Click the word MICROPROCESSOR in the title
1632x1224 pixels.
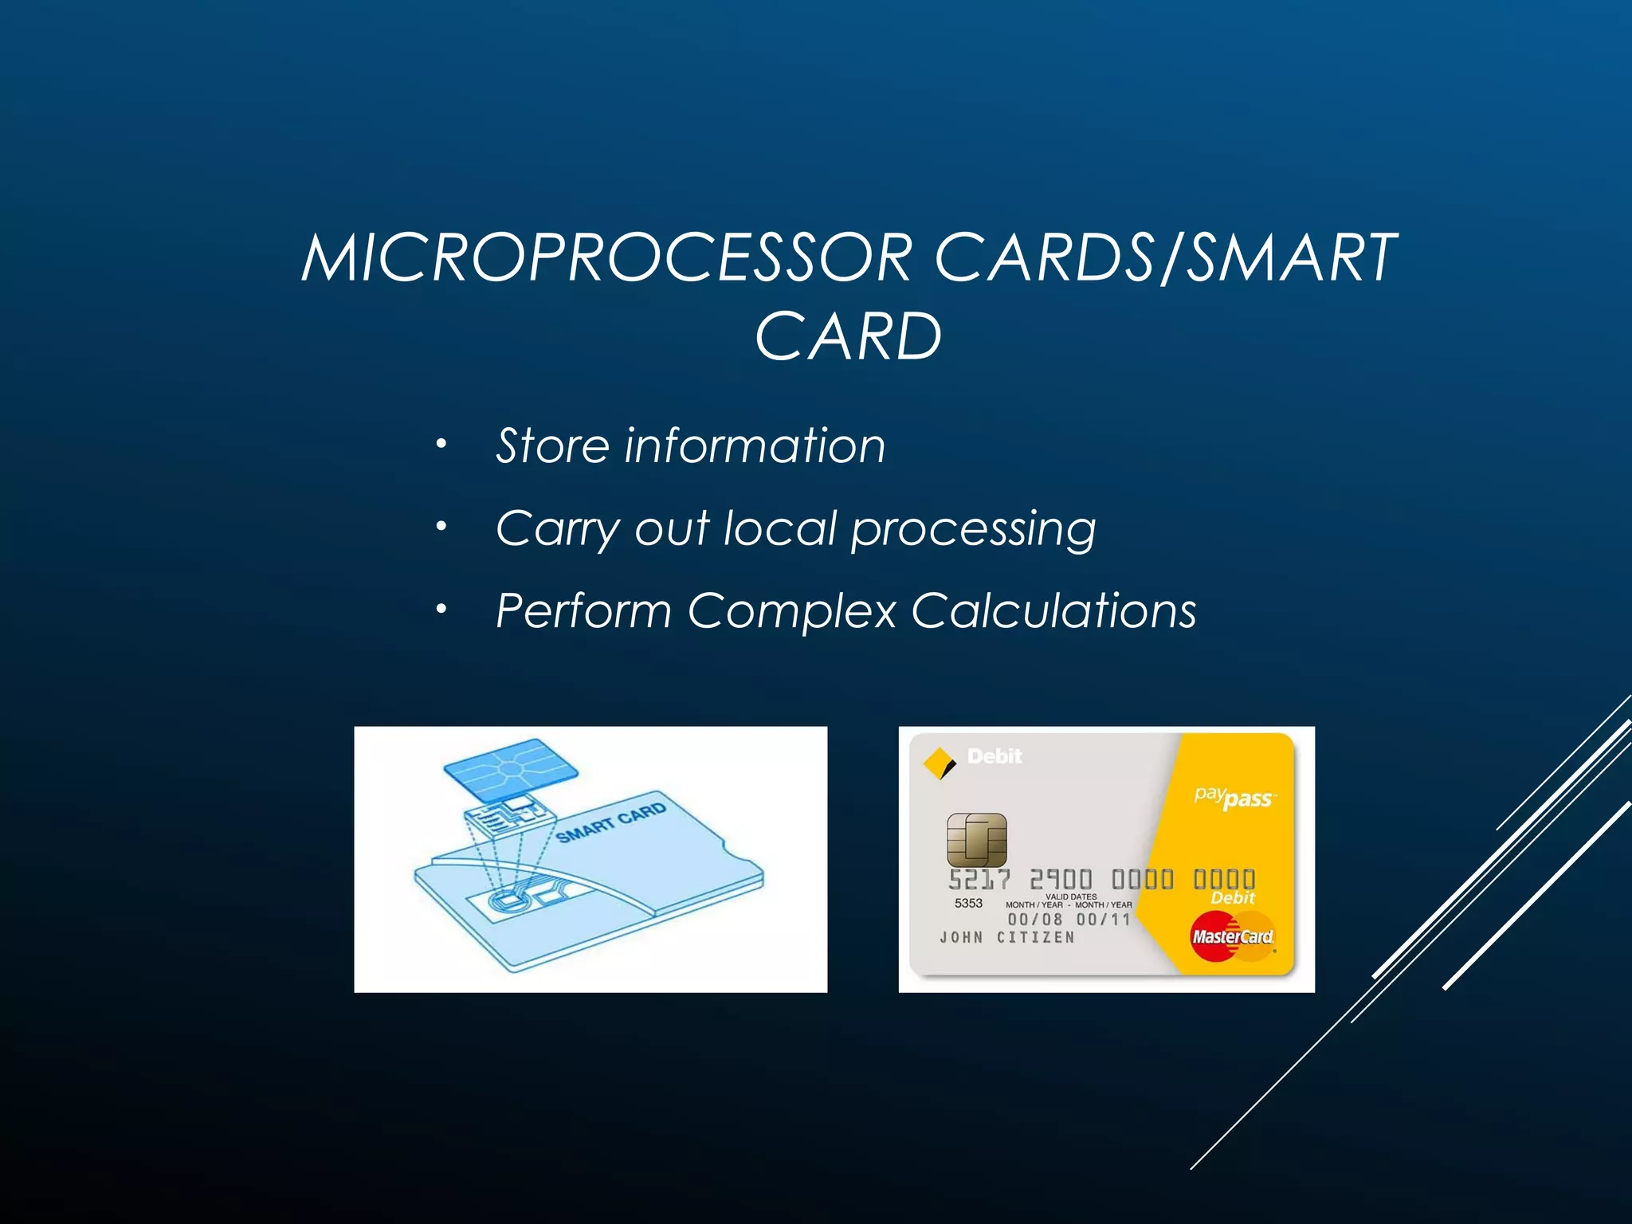(606, 258)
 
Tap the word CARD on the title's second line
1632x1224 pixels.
(848, 337)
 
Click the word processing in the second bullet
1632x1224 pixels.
(973, 529)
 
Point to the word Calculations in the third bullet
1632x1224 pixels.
(1053, 611)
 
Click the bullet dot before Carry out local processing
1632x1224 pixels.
(441, 526)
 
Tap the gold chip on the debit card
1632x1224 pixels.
(976, 840)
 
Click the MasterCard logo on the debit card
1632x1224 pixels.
(1232, 936)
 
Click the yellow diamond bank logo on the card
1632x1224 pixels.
(939, 763)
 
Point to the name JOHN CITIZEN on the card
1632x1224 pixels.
(1007, 937)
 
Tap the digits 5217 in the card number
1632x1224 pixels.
(979, 880)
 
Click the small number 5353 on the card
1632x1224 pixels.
(968, 903)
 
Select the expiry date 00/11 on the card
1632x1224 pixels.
(1103, 920)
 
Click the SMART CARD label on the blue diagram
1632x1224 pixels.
(610, 822)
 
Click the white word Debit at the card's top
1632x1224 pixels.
(994, 755)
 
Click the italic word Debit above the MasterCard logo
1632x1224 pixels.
(1232, 898)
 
